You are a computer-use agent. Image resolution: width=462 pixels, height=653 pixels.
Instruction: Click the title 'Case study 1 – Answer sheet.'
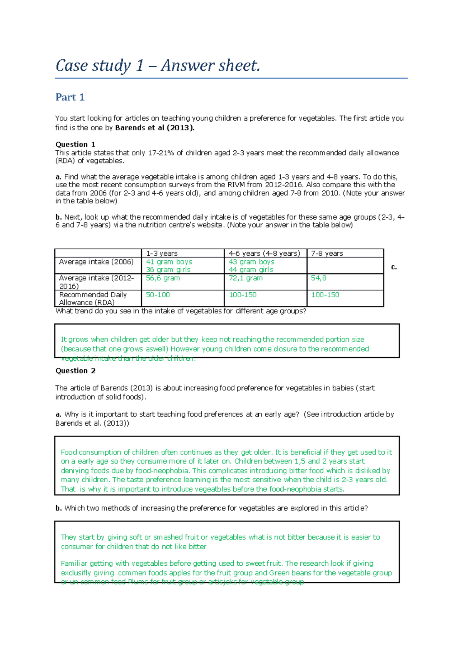point(158,66)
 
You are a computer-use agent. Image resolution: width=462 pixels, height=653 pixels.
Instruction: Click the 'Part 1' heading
point(70,97)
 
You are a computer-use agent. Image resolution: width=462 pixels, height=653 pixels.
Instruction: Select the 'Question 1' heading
point(75,145)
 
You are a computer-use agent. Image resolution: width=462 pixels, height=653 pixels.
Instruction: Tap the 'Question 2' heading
point(75,371)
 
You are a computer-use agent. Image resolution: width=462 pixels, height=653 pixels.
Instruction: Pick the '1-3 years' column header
point(162,253)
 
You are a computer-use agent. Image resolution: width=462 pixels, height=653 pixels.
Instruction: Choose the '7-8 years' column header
point(327,253)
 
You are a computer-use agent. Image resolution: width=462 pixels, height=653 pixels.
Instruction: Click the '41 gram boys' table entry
point(169,262)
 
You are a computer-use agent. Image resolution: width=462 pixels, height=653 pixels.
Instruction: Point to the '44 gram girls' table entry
point(251,270)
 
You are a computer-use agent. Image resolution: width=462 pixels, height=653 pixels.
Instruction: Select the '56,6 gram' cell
point(162,278)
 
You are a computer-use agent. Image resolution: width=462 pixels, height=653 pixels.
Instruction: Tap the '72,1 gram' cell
point(246,278)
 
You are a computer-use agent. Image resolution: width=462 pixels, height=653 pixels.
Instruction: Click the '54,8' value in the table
point(318,278)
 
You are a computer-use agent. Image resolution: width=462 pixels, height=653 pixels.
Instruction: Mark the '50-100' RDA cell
point(157,295)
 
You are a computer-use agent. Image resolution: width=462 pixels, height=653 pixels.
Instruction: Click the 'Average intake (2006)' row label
point(96,262)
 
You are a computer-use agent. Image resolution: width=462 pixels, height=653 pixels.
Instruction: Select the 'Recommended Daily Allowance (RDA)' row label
point(92,299)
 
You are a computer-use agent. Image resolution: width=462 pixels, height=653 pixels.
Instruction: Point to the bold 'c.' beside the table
point(394,267)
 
